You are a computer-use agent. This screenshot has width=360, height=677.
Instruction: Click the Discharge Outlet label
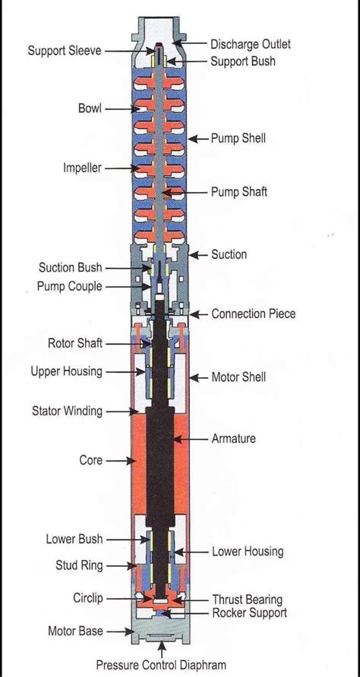point(250,44)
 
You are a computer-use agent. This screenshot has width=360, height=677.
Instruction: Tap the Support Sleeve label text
point(65,51)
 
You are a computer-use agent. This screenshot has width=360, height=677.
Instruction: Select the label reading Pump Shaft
point(239,192)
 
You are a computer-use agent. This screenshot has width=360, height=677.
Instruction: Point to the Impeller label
point(82,168)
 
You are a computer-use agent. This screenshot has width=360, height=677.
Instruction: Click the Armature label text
point(233,439)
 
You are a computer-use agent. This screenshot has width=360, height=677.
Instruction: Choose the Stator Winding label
point(67,411)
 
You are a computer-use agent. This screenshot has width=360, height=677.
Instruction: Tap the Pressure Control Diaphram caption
point(161,665)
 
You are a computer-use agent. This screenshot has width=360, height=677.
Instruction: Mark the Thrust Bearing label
point(247,600)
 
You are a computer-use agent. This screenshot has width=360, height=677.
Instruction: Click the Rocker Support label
point(249,612)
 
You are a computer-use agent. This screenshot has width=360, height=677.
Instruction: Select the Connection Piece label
point(253,313)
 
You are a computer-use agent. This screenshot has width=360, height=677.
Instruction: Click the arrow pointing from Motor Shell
point(199,378)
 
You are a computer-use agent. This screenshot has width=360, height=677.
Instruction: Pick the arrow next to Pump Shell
point(198,139)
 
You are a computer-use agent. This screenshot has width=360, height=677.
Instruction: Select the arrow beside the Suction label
point(198,255)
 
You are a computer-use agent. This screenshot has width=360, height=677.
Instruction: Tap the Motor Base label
point(76,631)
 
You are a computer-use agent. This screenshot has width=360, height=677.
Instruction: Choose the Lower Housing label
point(247,551)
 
